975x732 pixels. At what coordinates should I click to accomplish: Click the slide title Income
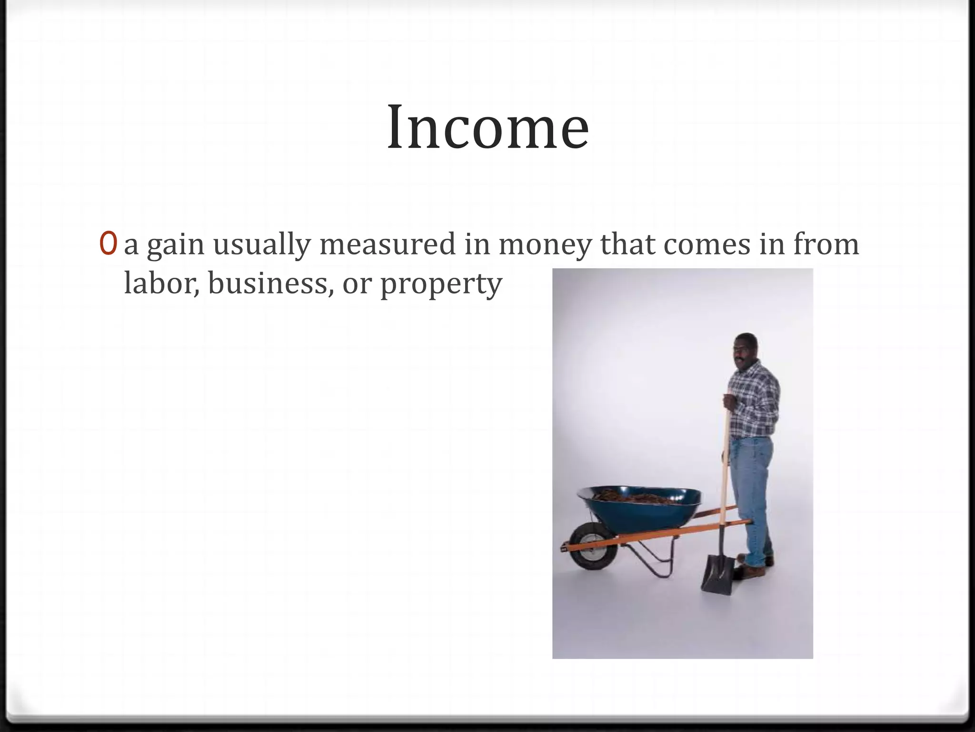pyautogui.click(x=488, y=128)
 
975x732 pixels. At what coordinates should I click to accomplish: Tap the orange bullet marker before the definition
pyautogui.click(x=108, y=244)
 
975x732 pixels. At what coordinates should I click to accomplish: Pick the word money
pyautogui.click(x=545, y=245)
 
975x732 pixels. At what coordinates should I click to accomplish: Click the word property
pyautogui.click(x=441, y=285)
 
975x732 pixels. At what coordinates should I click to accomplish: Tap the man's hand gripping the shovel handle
pyautogui.click(x=729, y=401)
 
